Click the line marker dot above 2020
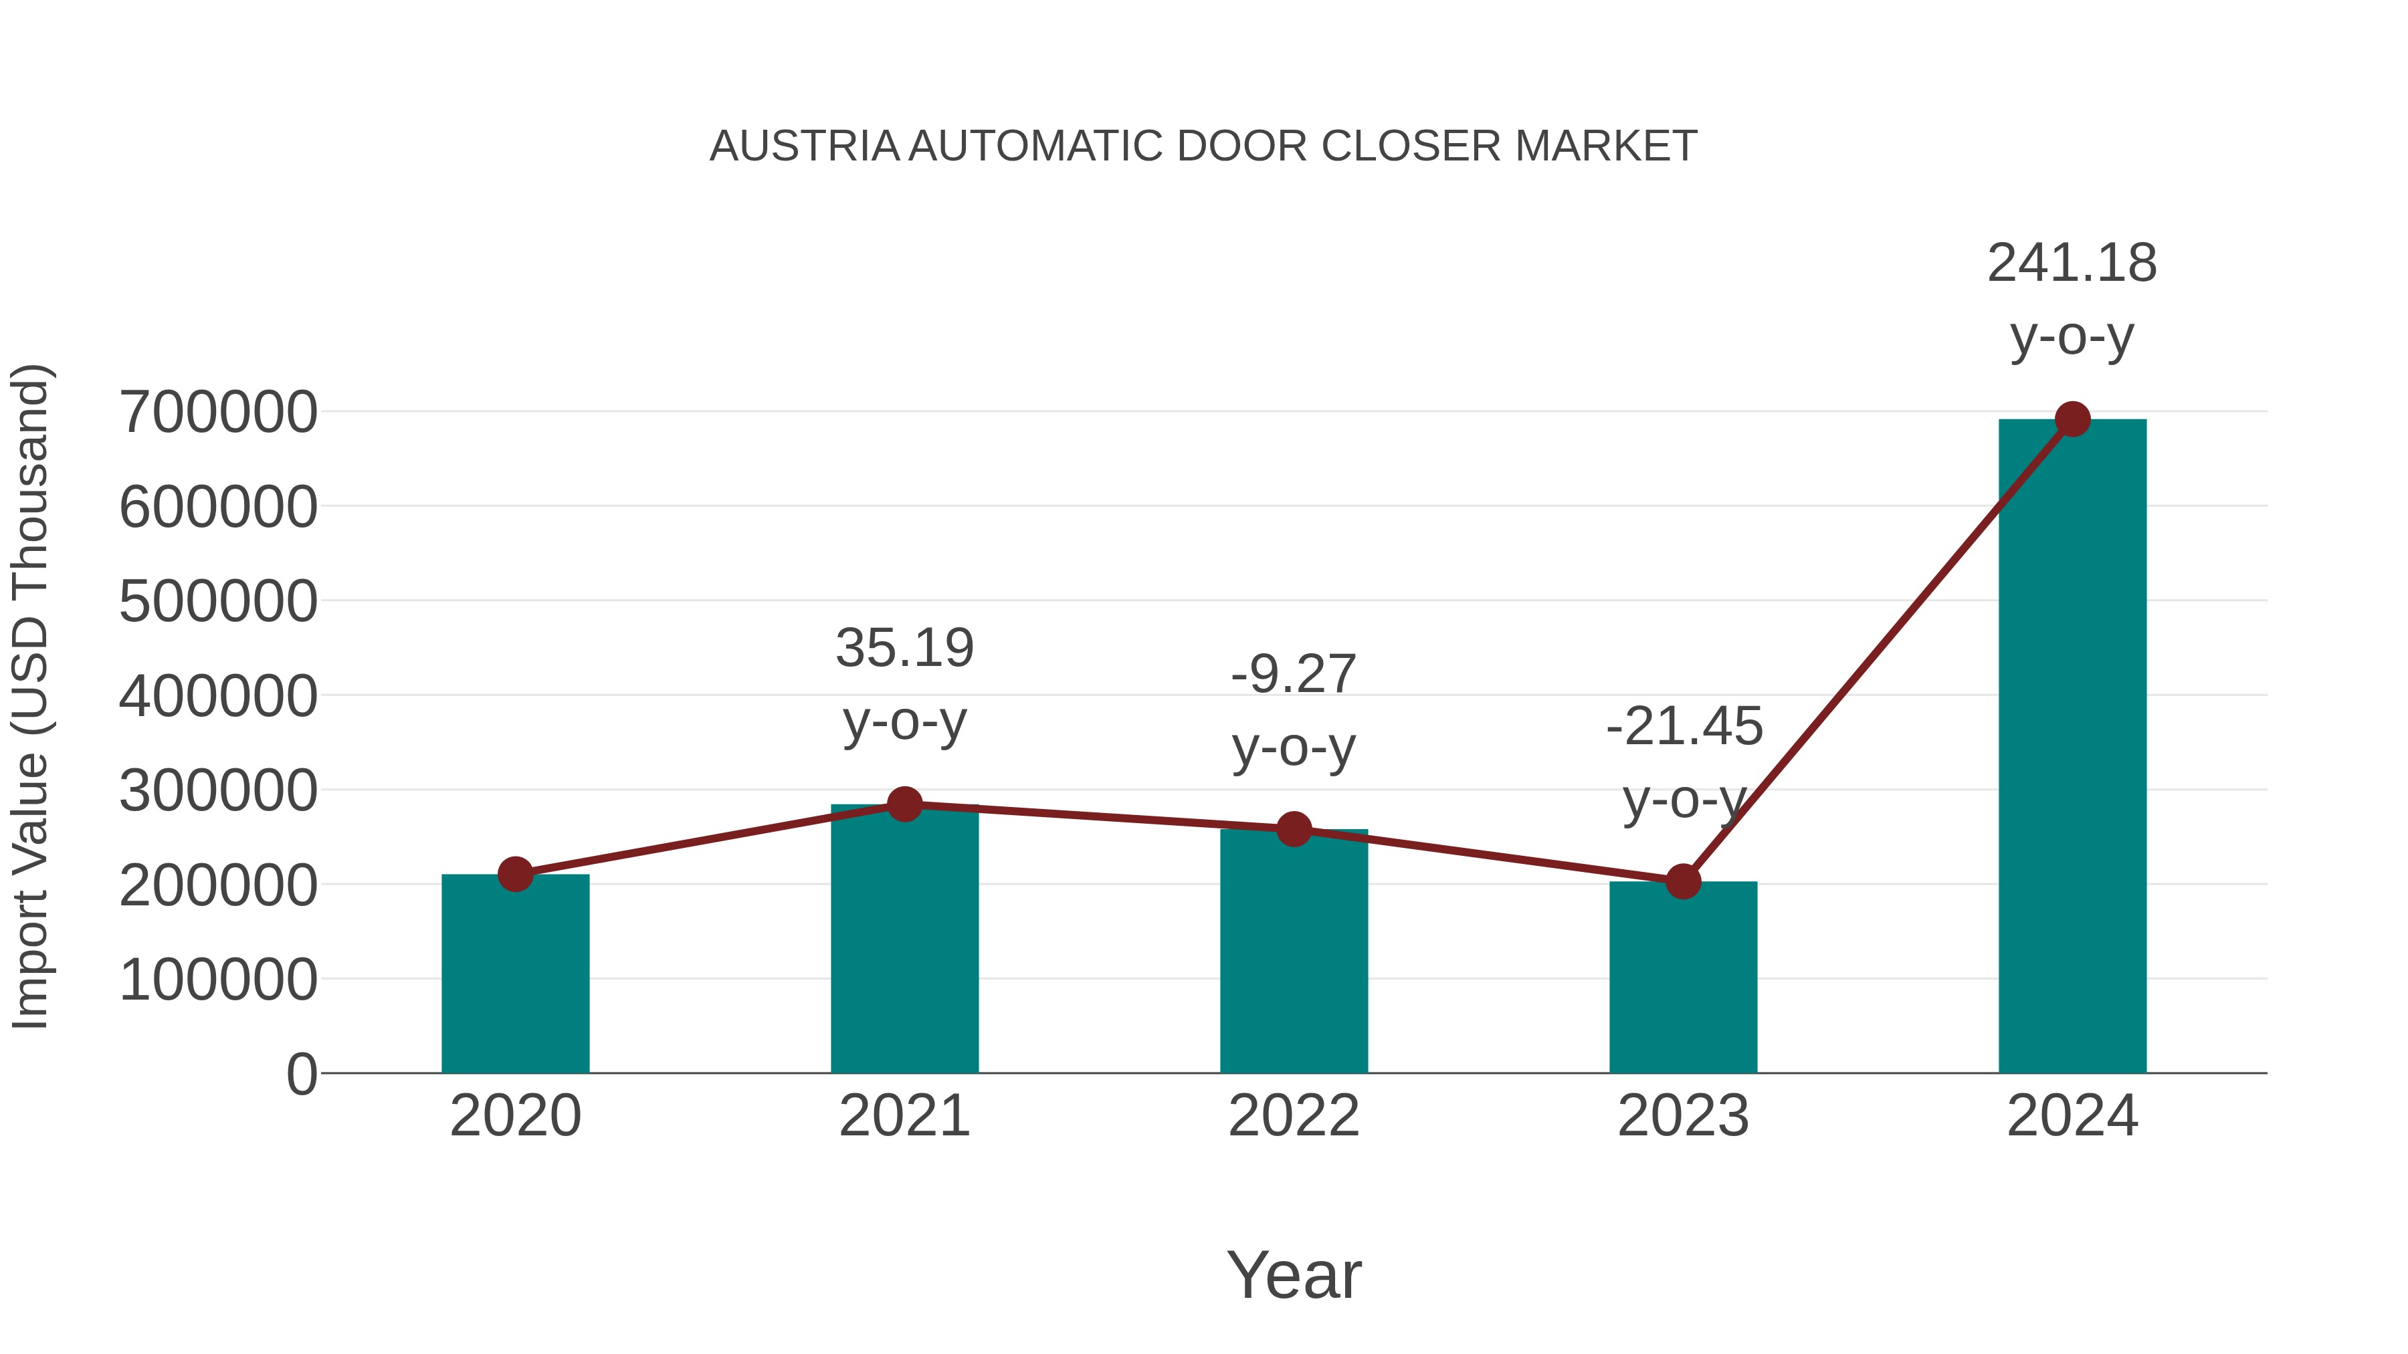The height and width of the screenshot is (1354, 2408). pyautogui.click(x=515, y=875)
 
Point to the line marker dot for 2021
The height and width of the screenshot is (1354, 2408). pyautogui.click(x=904, y=804)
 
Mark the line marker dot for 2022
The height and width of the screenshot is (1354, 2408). pyautogui.click(x=1294, y=829)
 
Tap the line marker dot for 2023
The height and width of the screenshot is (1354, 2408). pyautogui.click(x=1683, y=881)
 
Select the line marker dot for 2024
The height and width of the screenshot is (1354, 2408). pyautogui.click(x=2072, y=419)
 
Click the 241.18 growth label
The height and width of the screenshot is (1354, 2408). pyautogui.click(x=2072, y=263)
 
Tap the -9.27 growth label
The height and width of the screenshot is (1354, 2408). pyautogui.click(x=1294, y=675)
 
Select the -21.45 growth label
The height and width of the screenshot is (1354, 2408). pyautogui.click(x=1684, y=727)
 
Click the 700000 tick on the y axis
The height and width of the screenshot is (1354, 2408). pyautogui.click(x=219, y=412)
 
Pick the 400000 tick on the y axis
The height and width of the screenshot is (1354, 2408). pyautogui.click(x=219, y=696)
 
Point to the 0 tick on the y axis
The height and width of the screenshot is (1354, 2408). pyautogui.click(x=302, y=1075)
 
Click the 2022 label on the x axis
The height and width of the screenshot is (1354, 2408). pyautogui.click(x=1294, y=1116)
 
